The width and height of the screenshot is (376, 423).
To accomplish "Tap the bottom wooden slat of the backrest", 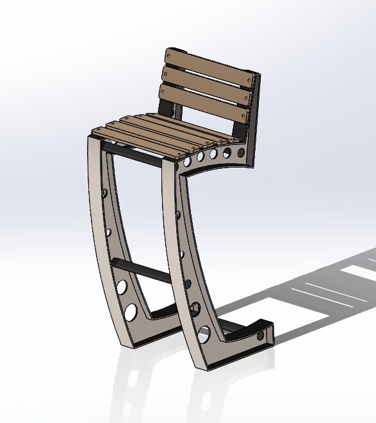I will click(x=204, y=103).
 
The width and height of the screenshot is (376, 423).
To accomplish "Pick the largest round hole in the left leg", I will click(x=131, y=312).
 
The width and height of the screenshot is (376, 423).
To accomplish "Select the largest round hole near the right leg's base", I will click(x=204, y=334).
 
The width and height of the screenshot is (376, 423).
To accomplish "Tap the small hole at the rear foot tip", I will click(x=261, y=335).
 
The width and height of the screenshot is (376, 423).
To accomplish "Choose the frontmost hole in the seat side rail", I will click(x=186, y=162).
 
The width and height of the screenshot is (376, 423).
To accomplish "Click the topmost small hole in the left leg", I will click(x=104, y=193).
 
